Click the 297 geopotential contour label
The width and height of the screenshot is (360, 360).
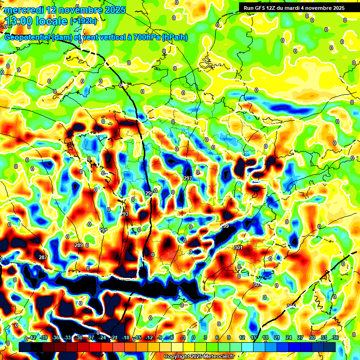[188, 179]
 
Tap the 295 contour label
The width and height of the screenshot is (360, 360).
[149, 194]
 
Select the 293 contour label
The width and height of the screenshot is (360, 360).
[124, 214]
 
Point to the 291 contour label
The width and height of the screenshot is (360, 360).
[103, 230]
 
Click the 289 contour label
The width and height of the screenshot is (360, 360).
[78, 245]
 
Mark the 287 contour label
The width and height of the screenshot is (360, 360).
[43, 258]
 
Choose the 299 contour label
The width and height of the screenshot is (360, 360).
[225, 226]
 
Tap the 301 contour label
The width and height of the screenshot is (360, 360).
[239, 247]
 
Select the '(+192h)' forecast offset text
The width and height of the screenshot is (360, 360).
[83, 21]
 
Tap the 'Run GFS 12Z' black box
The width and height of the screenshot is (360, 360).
[294, 7]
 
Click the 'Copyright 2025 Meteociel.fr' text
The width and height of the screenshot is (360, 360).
[199, 357]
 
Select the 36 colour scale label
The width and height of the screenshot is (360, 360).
[336, 337]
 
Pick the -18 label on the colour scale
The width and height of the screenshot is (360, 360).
[126, 337]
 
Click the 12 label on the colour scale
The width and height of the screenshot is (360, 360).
[242, 337]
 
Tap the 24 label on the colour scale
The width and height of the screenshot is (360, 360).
[288, 337]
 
